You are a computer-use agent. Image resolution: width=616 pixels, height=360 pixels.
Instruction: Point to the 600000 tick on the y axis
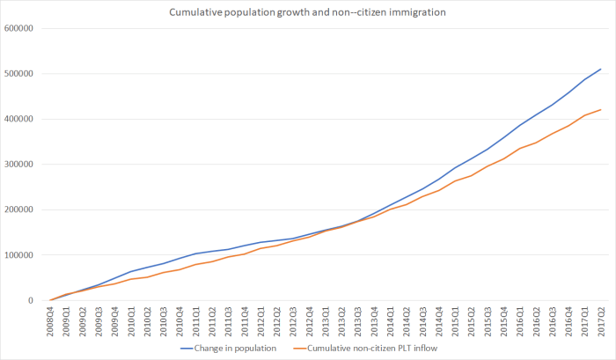tap(19, 28)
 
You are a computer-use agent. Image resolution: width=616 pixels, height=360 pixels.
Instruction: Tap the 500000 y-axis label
tap(19, 74)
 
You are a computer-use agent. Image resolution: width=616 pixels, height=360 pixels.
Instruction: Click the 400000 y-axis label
tap(19, 119)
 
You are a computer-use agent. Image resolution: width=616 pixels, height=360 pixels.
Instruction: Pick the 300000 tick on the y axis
tap(19, 165)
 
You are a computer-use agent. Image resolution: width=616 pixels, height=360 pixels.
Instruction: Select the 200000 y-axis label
tap(19, 209)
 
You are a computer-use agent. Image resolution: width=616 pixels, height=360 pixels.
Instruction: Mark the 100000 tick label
tap(19, 255)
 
